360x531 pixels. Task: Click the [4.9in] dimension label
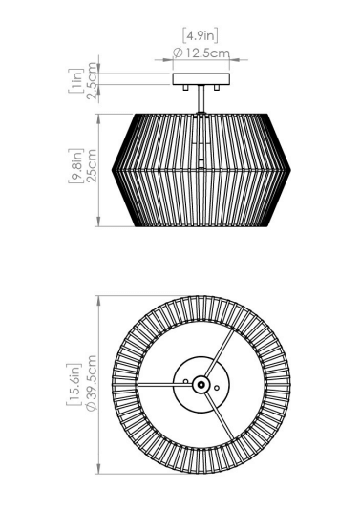click(x=201, y=35)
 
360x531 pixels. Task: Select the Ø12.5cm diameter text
click(x=201, y=53)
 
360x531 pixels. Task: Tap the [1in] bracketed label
click(x=75, y=80)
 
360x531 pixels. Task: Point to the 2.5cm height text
click(x=91, y=80)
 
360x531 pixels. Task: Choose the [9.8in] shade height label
click(x=75, y=165)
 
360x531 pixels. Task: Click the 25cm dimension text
click(x=91, y=165)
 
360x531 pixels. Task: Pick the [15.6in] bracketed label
click(x=74, y=384)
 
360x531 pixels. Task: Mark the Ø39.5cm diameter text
click(x=91, y=383)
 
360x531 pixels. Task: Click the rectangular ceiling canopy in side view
click(x=201, y=79)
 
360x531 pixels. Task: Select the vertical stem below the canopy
click(x=201, y=98)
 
